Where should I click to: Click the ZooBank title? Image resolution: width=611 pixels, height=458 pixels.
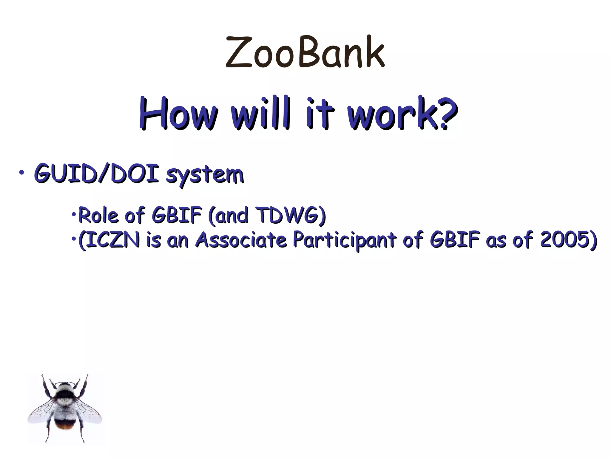pos(305,52)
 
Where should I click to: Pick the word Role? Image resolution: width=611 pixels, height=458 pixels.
pos(98,215)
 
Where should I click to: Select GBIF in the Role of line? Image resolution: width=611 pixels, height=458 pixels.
pos(177,215)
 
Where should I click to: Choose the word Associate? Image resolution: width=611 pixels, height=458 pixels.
pos(241,240)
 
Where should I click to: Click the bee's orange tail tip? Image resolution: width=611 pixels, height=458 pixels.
pos(65,427)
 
